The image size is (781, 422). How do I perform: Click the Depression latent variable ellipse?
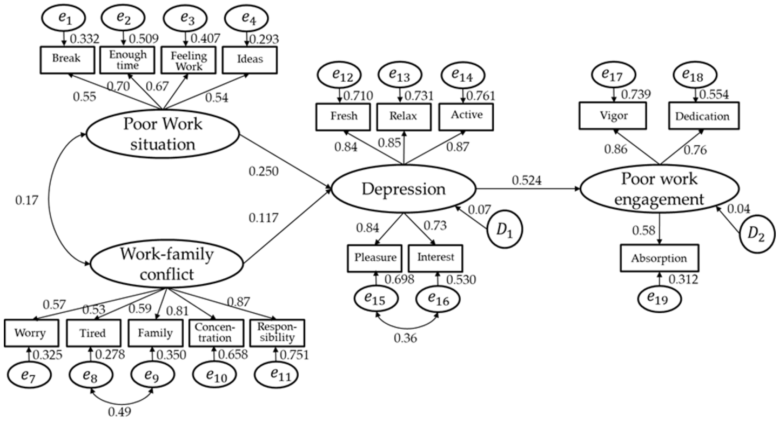tap(404, 189)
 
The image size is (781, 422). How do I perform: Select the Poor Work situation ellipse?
tap(163, 134)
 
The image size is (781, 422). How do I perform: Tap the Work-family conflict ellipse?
tap(167, 263)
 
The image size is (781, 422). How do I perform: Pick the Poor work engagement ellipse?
tap(659, 189)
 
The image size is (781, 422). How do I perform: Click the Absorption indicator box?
tap(659, 258)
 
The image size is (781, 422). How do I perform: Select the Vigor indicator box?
tap(613, 116)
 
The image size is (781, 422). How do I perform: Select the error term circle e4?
tap(247, 18)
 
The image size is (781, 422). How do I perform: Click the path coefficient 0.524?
tap(527, 181)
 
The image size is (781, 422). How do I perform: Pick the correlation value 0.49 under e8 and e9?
tap(120, 412)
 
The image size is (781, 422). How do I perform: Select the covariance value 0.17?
tap(27, 200)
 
